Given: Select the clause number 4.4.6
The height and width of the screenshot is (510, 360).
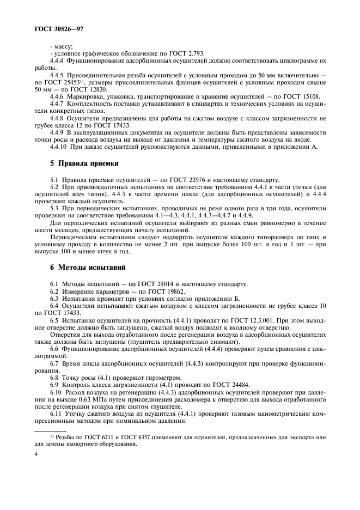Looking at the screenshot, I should [57, 96].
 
